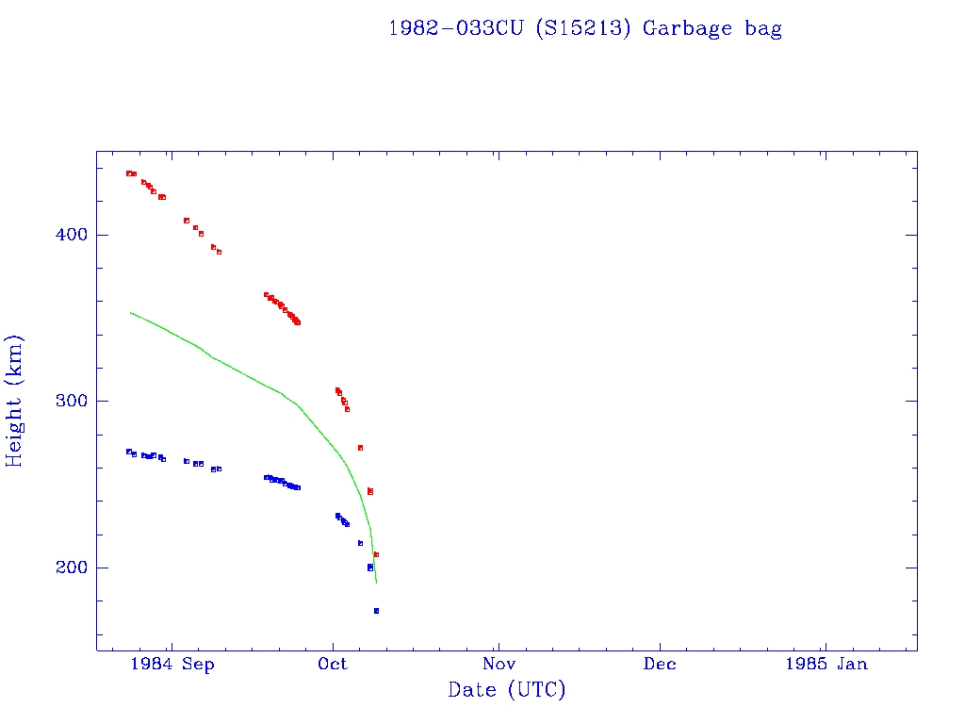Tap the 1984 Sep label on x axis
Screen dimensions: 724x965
[x=172, y=665]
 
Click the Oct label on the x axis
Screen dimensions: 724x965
[x=333, y=665]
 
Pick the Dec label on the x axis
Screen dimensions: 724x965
[x=660, y=665]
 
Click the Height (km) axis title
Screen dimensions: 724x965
[x=15, y=401]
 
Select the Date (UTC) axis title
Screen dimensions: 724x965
[x=507, y=690]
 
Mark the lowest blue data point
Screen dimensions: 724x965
[x=376, y=611]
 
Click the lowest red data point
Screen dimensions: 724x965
[x=376, y=554]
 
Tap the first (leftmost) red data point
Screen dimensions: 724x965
[x=129, y=173]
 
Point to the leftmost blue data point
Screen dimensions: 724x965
[x=129, y=452]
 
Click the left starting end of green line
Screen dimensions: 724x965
[x=130, y=312]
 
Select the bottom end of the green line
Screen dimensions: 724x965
[x=377, y=583]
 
